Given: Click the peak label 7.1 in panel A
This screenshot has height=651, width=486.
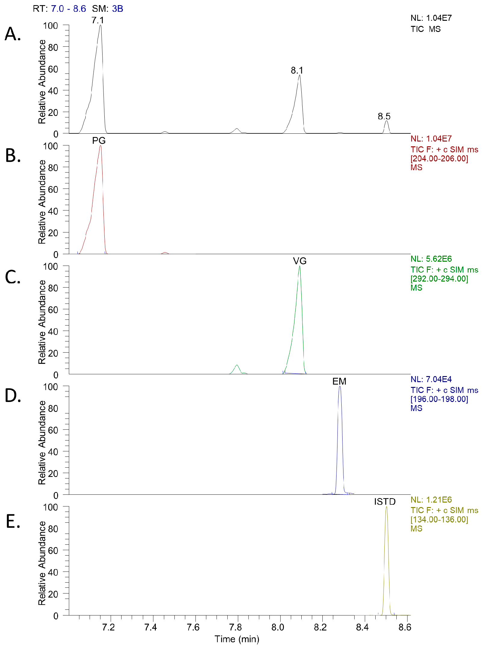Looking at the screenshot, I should click(x=98, y=20).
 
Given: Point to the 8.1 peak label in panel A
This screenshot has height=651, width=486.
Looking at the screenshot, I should click(x=297, y=70).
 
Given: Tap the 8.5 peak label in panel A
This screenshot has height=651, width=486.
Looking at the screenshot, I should click(x=384, y=116).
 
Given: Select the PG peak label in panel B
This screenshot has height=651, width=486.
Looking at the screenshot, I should click(x=99, y=141).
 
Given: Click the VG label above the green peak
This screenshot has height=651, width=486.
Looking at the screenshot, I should click(x=300, y=261).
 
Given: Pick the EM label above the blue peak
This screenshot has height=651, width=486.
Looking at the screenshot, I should click(x=339, y=381).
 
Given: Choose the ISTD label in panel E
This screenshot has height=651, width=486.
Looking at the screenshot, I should click(x=385, y=502).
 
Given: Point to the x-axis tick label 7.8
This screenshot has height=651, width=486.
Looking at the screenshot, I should click(x=235, y=628).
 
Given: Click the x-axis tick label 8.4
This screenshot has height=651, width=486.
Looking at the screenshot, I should click(x=362, y=628).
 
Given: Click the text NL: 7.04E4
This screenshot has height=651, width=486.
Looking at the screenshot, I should click(x=431, y=379).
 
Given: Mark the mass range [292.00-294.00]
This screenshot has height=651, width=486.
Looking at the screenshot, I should click(x=439, y=279).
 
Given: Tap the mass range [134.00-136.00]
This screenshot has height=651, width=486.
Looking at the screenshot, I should click(x=439, y=519).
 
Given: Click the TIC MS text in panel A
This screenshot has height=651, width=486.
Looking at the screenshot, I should click(x=426, y=29).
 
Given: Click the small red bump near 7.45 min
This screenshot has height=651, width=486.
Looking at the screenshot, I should click(x=165, y=253).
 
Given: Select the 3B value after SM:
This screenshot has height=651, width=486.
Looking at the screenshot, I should click(x=118, y=9).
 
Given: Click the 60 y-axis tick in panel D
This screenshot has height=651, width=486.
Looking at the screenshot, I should click(x=53, y=430).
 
